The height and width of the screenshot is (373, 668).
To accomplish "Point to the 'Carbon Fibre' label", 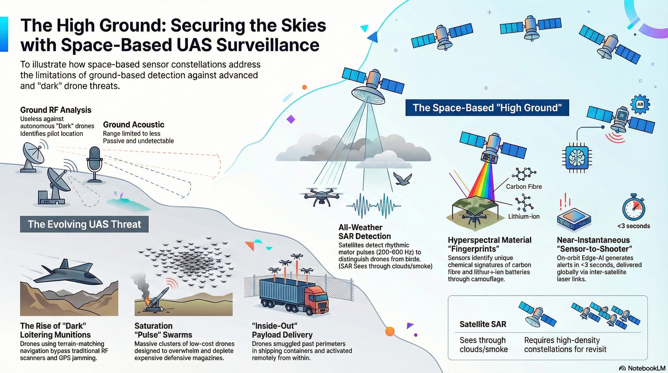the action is coord(524,186).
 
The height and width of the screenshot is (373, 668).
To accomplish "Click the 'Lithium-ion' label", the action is coord(524,216).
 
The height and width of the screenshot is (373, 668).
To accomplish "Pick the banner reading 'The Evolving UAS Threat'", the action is coord(84,224).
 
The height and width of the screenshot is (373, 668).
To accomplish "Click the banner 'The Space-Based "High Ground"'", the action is coord(487,108).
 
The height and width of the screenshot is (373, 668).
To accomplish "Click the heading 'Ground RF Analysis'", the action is coord(56,110).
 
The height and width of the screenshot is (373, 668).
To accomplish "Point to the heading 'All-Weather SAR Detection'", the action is coord(365,232).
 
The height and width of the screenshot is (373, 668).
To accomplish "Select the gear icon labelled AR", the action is coord(640,104).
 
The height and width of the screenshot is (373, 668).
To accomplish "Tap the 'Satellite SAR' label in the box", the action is coord(483,324).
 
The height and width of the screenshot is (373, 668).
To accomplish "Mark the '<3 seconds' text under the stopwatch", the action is coord(634,226).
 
